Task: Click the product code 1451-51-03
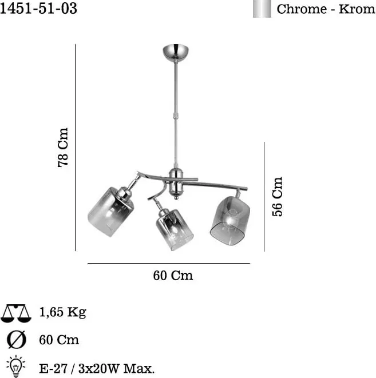[38, 9]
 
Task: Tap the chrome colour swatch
[262, 9]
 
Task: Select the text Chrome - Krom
[326, 9]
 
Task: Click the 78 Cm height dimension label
[63, 148]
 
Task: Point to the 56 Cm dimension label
[277, 197]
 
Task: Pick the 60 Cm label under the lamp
[173, 275]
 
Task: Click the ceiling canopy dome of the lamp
[176, 52]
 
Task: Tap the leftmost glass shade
[110, 212]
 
